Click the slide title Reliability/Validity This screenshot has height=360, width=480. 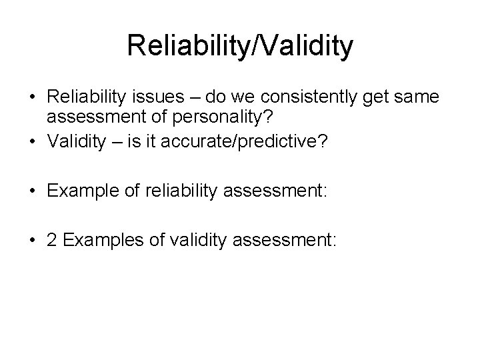240,47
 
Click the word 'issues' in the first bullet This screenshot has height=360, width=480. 159,98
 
